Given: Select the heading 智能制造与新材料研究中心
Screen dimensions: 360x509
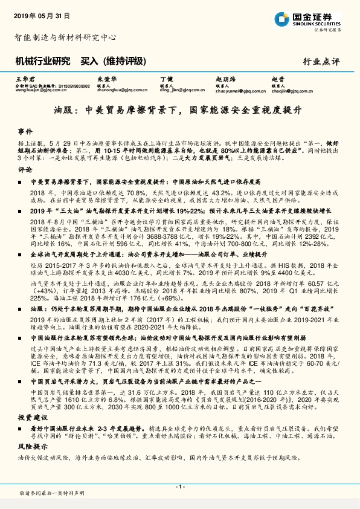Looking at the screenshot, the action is pos(65,37).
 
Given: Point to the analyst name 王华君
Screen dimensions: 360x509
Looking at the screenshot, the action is pos(22,80).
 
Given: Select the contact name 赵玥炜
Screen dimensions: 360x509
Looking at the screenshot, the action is pos(223,80).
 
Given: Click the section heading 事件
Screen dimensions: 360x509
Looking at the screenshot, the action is pos(25,131).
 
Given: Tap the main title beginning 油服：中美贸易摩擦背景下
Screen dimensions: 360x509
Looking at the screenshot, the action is pos(179,111).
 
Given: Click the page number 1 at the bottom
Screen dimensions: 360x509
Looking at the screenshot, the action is pos(179,486).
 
